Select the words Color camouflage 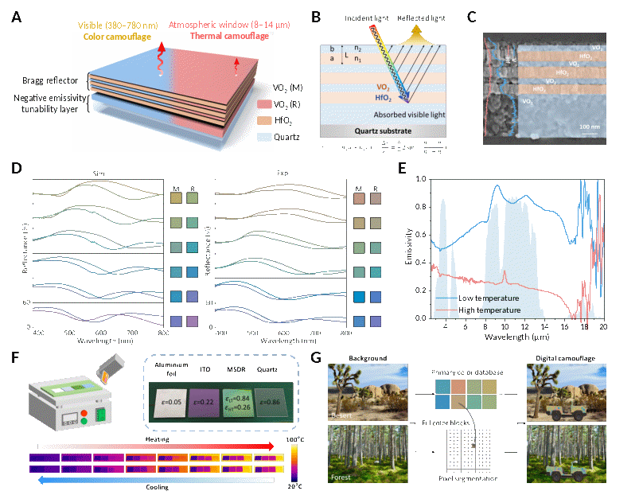click(x=111, y=36)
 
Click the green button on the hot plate click(x=101, y=415)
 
